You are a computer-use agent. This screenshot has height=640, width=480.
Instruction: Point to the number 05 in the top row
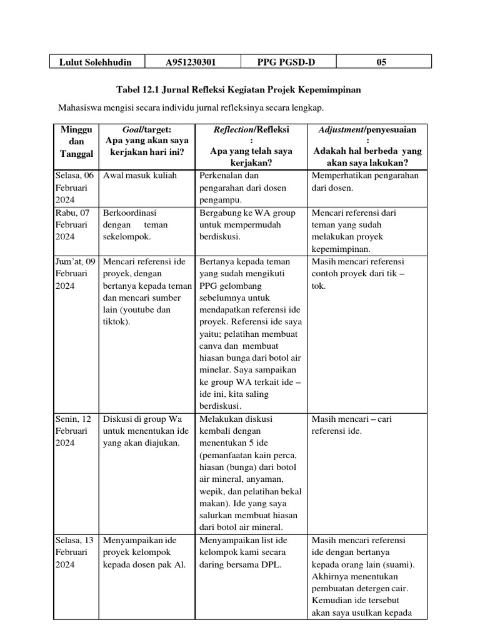pos(382,62)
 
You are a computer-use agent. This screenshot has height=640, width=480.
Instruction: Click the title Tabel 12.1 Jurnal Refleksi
pos(239,90)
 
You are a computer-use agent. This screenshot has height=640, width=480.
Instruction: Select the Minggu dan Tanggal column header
pos(76,141)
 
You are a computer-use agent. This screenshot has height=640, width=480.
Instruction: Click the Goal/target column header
pos(147,141)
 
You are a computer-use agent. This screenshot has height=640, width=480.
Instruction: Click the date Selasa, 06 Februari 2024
pos(74,187)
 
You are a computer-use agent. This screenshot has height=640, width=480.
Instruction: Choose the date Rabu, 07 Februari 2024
pos(74,224)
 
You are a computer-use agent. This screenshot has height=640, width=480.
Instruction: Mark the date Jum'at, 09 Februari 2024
pos(74,272)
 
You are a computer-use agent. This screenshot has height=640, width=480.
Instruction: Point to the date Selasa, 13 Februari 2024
pos(74,552)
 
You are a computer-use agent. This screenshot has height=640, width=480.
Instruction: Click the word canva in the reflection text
pos(211,346)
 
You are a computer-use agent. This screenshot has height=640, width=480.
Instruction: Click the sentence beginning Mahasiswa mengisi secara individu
pos(191,108)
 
